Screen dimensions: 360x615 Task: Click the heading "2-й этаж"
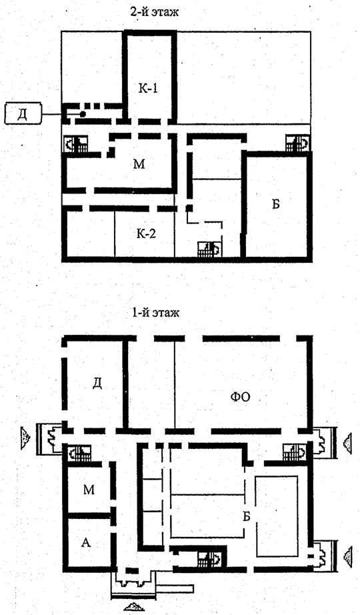pyautogui.click(x=155, y=12)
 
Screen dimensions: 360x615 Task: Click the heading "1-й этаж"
pyautogui.click(x=155, y=313)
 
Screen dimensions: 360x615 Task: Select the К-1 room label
pyautogui.click(x=148, y=89)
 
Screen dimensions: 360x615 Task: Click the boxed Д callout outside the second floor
pyautogui.click(x=23, y=114)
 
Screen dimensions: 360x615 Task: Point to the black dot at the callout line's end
pyautogui.click(x=83, y=114)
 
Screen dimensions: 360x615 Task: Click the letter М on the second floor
pyautogui.click(x=139, y=164)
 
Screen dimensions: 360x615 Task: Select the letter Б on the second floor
pyautogui.click(x=276, y=204)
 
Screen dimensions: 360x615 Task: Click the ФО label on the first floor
pyautogui.click(x=240, y=398)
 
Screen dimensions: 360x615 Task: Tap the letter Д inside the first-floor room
pyautogui.click(x=97, y=383)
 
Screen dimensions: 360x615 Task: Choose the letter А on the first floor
pyautogui.click(x=86, y=542)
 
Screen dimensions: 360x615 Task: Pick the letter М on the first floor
pyautogui.click(x=89, y=490)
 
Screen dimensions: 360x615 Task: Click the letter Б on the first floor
pyautogui.click(x=246, y=516)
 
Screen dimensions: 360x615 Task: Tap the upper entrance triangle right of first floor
pyautogui.click(x=347, y=444)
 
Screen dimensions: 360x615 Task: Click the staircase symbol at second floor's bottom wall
pyautogui.click(x=208, y=249)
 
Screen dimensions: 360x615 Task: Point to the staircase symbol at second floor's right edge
pyautogui.click(x=297, y=143)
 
